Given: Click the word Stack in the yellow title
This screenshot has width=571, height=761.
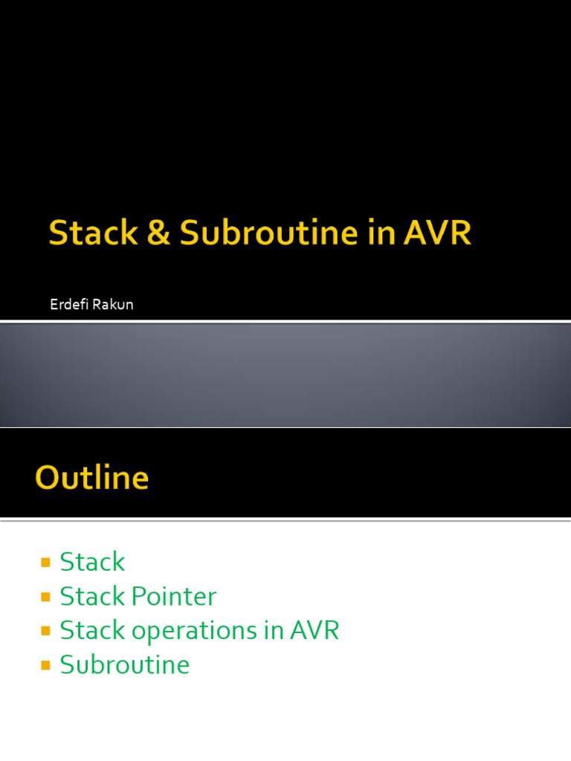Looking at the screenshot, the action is click(x=94, y=233).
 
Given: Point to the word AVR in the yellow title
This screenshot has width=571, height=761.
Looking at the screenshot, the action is click(x=437, y=233).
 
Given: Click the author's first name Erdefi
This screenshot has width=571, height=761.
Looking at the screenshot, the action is click(x=69, y=304).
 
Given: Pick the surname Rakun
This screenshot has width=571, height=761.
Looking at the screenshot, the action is click(x=113, y=304).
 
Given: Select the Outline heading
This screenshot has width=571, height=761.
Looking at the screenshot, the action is click(x=91, y=478).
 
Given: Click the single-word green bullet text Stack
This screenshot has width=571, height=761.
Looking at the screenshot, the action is click(x=92, y=562).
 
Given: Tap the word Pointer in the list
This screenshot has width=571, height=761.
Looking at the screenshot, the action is click(x=174, y=597).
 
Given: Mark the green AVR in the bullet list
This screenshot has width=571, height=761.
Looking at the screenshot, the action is click(x=314, y=630).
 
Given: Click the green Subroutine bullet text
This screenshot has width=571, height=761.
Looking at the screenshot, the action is click(x=124, y=665).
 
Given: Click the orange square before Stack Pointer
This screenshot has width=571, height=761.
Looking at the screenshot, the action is click(x=45, y=597).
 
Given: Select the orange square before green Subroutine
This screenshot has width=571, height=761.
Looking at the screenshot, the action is click(x=45, y=665).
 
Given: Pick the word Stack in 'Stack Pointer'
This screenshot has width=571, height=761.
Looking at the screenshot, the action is click(x=92, y=597).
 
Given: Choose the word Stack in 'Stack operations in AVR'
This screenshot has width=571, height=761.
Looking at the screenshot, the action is click(x=92, y=630).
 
